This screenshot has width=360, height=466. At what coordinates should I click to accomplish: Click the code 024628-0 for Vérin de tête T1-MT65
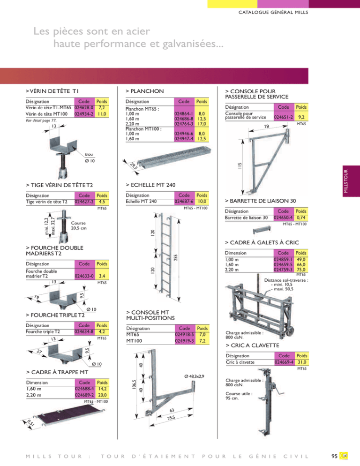(x=84, y=107)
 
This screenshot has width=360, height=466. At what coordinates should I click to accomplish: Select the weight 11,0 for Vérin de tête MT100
(x=102, y=114)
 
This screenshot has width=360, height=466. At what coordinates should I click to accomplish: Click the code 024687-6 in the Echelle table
(x=184, y=202)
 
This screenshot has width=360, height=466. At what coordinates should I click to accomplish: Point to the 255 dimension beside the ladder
(x=175, y=257)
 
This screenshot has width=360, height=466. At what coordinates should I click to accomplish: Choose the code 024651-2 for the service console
(x=283, y=117)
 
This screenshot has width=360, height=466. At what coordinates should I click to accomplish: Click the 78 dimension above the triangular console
(x=267, y=126)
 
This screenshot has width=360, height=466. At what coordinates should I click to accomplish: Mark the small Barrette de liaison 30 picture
(x=262, y=230)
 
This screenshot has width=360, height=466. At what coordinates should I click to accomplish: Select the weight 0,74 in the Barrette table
(x=301, y=218)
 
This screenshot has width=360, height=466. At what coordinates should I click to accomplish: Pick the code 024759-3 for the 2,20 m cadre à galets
(x=283, y=270)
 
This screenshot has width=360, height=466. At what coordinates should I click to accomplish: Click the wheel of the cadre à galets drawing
(x=291, y=331)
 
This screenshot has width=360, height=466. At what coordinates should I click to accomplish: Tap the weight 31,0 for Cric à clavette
(x=302, y=362)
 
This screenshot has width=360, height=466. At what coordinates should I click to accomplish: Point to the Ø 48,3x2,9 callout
(x=194, y=376)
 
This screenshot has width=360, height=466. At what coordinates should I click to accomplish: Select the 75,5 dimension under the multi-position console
(x=171, y=418)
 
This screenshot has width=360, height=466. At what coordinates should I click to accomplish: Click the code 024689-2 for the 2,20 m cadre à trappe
(x=84, y=395)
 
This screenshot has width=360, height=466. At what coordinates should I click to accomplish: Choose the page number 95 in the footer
(x=334, y=456)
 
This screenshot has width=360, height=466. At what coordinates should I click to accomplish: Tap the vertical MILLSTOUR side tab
(x=346, y=181)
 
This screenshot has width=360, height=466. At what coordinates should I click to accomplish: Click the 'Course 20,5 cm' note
(x=78, y=225)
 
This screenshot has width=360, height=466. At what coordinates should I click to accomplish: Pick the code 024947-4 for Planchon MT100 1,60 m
(x=184, y=138)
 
